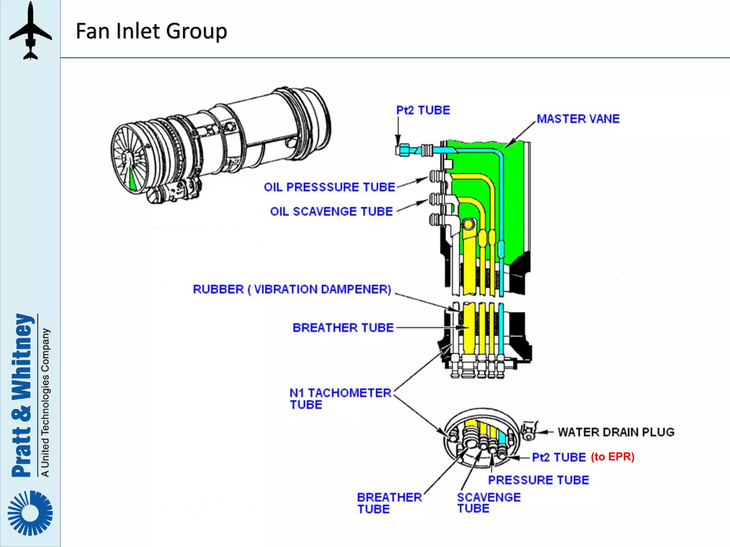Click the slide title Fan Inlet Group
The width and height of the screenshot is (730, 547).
pos(151,31)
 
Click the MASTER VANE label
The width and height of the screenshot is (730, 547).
pos(578,119)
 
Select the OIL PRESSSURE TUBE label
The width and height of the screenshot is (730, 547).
pos(329,187)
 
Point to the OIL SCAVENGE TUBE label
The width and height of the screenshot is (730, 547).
pos(331,212)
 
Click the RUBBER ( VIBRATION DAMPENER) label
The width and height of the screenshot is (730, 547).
pos(292,289)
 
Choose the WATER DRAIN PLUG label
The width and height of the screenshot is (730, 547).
pos(616,432)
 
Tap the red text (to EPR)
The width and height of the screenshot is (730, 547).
pos(612,457)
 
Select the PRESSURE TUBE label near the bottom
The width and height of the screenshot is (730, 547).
pos(538,480)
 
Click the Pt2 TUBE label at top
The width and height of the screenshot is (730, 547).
pos(423,110)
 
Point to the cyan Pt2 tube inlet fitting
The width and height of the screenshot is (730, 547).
pos(405,150)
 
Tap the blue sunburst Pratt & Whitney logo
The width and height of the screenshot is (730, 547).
pos(30,513)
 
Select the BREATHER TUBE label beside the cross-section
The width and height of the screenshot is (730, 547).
pos(343,328)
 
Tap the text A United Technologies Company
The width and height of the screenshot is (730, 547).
pos(45,402)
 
